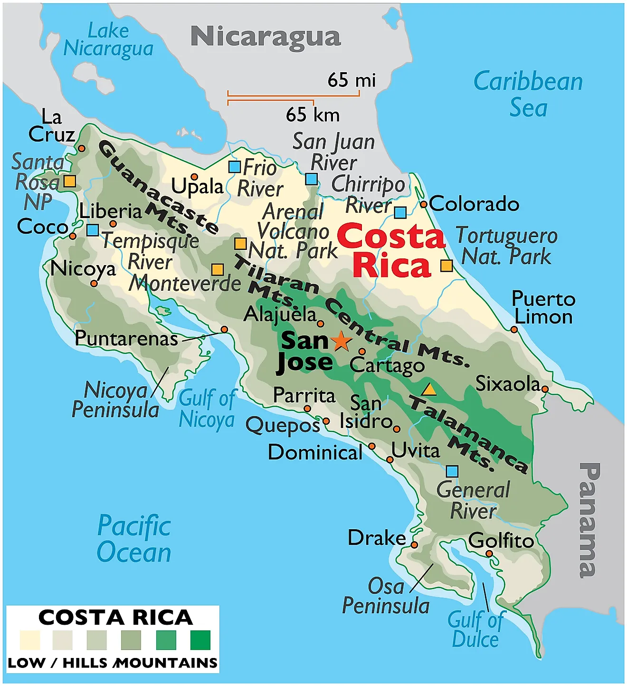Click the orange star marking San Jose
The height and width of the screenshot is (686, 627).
point(341,341)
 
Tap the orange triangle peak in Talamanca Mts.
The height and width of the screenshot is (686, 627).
point(429,390)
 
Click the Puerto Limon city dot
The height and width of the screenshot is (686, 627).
point(514,329)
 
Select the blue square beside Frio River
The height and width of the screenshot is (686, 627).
point(235,167)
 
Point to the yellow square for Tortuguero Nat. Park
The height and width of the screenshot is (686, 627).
point(446,266)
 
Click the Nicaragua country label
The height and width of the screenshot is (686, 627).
point(266,37)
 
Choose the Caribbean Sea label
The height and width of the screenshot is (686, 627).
point(528,94)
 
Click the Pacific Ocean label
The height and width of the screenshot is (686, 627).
point(134,539)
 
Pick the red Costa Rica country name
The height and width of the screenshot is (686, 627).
point(391,250)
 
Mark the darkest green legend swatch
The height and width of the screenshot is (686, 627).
point(200,640)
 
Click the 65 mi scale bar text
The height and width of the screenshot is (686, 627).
point(351,80)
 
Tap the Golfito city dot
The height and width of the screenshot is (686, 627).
point(489,554)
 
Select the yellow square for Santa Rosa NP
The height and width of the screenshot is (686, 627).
point(70,181)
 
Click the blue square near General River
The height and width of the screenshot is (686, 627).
point(452,471)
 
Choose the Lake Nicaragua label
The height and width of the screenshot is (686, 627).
point(109,40)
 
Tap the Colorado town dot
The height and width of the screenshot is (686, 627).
point(424,205)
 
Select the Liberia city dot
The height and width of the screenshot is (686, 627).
point(113,224)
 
